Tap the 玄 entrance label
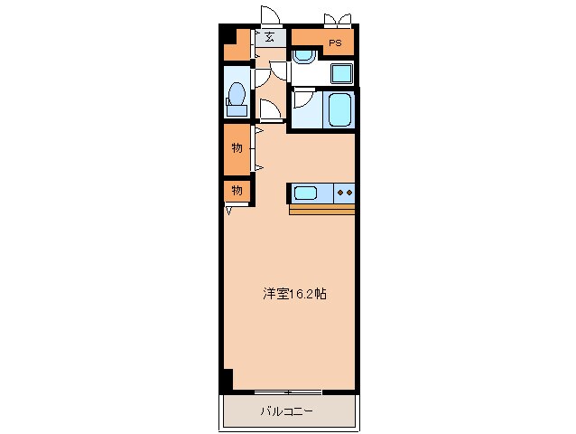point(270,38)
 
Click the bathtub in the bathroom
point(340,109)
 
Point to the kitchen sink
point(305,192)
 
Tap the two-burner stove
point(345,192)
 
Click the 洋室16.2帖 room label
point(294,294)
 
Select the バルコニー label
point(287,412)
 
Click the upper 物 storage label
point(237,147)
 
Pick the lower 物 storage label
point(237,191)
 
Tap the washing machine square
point(341,72)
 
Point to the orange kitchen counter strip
point(322,210)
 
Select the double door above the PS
point(337,18)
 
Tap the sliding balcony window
point(288,392)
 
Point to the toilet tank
point(237,110)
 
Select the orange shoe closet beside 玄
point(237,45)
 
